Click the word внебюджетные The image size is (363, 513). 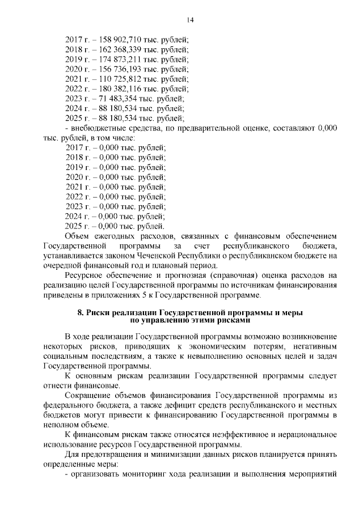(98, 128)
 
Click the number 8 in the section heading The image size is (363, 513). (79, 312)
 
